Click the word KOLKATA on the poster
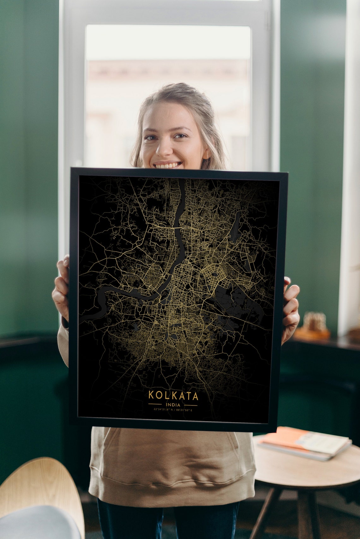(x=173, y=396)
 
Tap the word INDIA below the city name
(x=173, y=404)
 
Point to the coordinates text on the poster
(x=173, y=410)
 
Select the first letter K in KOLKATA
(x=151, y=396)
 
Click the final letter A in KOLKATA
(x=195, y=396)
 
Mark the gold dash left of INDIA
(x=155, y=404)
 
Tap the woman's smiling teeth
(x=168, y=165)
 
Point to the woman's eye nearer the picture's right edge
(x=181, y=136)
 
